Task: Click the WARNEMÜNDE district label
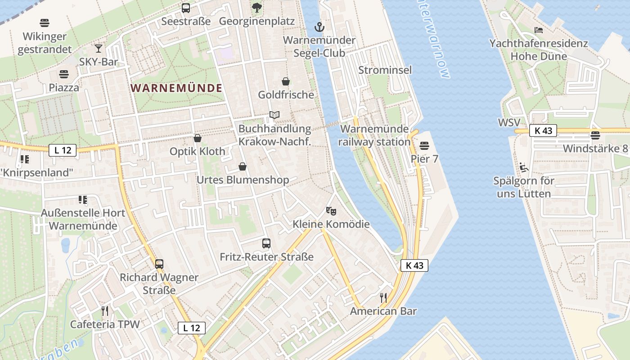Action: (177, 88)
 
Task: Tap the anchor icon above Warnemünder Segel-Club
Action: (319, 27)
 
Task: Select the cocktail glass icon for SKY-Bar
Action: (99, 48)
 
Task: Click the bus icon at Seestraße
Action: (186, 8)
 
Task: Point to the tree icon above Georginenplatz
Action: (256, 8)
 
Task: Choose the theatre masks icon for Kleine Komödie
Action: (331, 211)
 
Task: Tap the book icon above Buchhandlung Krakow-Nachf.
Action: (274, 115)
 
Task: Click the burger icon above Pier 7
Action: (424, 145)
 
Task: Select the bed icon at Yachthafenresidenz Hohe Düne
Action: (539, 30)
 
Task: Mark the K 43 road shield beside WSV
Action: (543, 130)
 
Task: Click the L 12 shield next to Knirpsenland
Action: (63, 150)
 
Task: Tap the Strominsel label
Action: (385, 70)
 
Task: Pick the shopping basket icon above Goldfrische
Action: (286, 81)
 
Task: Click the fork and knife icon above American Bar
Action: (383, 297)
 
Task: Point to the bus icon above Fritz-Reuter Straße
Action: (266, 243)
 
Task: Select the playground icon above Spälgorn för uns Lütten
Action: (523, 167)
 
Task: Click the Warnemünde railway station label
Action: (375, 135)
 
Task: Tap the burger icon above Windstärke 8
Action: (595, 135)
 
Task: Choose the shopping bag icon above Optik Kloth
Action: (197, 138)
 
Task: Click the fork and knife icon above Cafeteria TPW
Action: (105, 310)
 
